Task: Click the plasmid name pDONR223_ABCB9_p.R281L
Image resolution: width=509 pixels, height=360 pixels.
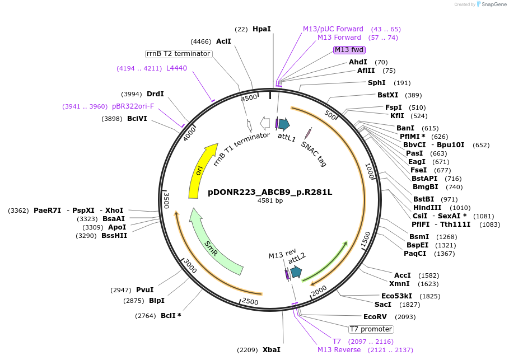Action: point(270,192)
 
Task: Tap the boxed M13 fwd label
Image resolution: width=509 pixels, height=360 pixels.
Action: point(349,50)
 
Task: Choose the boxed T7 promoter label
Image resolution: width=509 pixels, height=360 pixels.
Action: point(371,329)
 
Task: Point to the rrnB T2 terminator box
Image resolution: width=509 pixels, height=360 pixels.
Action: point(179,54)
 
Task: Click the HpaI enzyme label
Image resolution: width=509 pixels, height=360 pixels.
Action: point(261,29)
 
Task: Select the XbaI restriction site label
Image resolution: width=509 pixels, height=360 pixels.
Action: point(272,350)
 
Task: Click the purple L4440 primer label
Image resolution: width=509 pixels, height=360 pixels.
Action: point(176,68)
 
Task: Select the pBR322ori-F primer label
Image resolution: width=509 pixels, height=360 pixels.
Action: point(133,106)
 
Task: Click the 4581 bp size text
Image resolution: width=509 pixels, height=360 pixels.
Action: point(270,200)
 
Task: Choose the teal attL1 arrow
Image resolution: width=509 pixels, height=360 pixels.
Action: point(284,124)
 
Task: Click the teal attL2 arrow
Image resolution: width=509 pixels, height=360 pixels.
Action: point(295,273)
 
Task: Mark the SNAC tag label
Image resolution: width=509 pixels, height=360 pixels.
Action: point(314,153)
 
